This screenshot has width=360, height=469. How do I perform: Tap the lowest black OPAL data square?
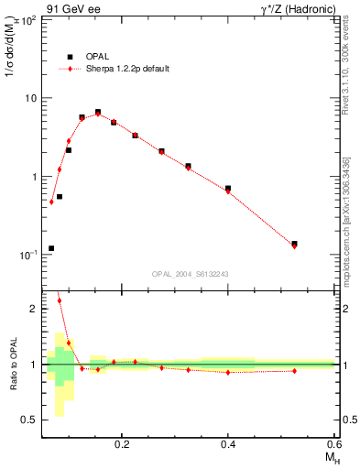[51, 248]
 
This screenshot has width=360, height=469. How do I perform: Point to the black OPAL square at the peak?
[98, 113]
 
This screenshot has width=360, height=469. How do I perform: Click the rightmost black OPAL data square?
[294, 244]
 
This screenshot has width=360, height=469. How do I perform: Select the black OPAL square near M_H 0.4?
[228, 189]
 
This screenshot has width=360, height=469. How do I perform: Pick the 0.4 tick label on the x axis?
[228, 443]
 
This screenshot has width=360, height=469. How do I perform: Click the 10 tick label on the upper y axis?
[30, 98]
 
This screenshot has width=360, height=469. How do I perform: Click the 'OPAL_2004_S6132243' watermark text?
[191, 274]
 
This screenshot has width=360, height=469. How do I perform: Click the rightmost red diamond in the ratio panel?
[294, 371]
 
